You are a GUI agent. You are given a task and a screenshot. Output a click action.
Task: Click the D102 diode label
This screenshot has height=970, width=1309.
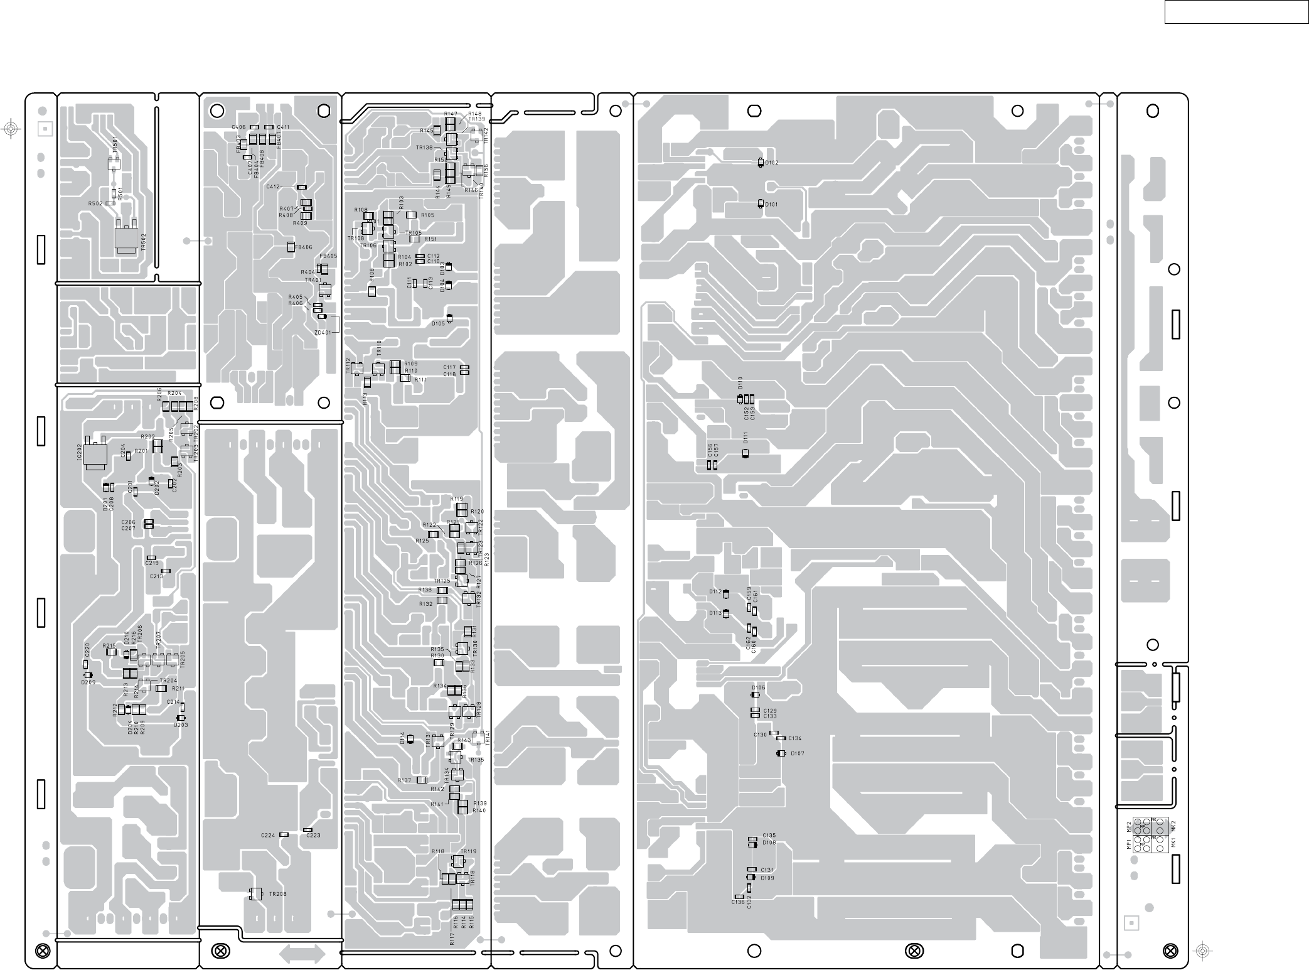(772, 163)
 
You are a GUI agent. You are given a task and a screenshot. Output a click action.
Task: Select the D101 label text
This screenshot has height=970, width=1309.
(772, 205)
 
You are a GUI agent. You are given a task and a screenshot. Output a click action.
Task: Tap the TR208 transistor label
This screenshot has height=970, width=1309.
(278, 894)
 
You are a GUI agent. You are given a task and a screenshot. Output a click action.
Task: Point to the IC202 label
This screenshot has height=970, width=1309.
(80, 453)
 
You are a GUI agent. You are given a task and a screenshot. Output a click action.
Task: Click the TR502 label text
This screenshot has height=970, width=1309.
(144, 242)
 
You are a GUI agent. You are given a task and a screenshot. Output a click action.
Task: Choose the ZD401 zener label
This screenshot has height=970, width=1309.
(322, 332)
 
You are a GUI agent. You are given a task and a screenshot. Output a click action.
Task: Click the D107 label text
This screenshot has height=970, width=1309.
(797, 753)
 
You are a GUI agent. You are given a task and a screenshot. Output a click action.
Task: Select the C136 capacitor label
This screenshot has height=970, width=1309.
(738, 902)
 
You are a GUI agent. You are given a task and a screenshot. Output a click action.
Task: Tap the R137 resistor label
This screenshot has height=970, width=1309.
(405, 780)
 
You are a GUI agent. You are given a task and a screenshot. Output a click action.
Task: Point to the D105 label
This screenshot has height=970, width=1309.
(438, 324)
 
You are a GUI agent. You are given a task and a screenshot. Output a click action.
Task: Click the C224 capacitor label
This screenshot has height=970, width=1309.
(268, 835)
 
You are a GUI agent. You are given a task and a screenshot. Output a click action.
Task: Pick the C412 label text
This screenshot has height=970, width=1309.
(273, 187)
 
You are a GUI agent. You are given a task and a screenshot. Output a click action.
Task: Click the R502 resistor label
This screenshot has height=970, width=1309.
(95, 203)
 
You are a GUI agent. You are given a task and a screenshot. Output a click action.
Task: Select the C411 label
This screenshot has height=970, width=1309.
(283, 127)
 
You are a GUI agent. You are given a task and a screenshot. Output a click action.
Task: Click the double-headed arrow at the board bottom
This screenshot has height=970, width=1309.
(302, 954)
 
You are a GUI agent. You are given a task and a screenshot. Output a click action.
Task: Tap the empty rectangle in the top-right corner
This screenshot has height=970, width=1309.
(1236, 12)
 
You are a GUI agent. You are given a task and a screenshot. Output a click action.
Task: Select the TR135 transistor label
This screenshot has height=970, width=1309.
(476, 760)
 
